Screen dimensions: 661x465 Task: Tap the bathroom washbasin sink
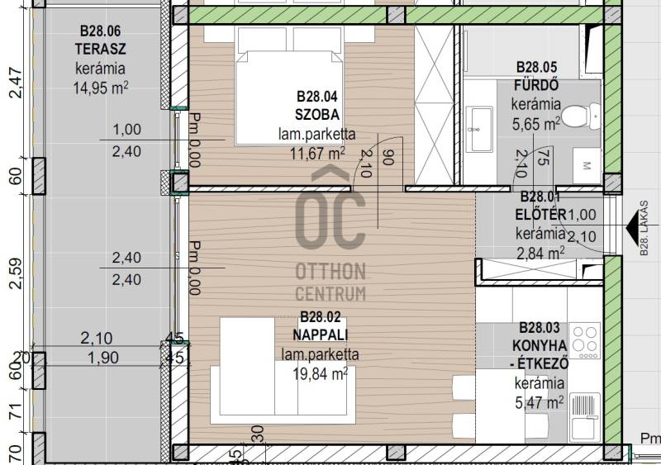479,129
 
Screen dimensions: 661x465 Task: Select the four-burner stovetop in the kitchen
584,340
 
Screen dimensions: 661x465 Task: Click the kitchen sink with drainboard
584,417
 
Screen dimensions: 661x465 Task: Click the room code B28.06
100,31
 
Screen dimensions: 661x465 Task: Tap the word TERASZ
100,49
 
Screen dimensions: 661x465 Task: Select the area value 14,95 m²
101,88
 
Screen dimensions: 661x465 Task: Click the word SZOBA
317,114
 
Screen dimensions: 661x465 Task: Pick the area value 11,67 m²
317,153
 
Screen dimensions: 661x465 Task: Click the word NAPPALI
321,335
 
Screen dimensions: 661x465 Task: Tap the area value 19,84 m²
321,373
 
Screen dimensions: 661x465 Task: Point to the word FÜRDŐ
536,85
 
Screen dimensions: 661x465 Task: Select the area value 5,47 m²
540,402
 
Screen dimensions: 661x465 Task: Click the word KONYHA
540,346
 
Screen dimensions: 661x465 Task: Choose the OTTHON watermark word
330,272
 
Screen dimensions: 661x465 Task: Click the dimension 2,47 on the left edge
16,83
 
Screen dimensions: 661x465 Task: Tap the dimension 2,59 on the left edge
16,273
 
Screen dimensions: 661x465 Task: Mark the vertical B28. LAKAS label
644,228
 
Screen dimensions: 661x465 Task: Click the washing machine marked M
587,165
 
